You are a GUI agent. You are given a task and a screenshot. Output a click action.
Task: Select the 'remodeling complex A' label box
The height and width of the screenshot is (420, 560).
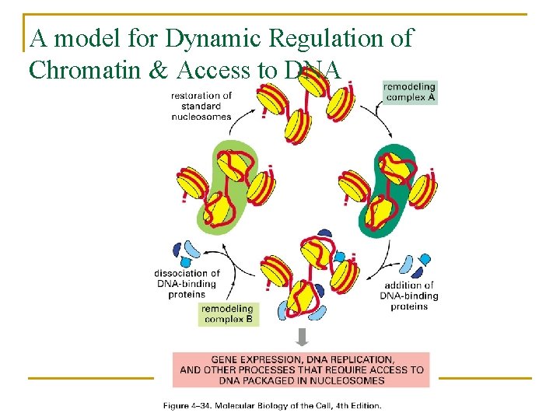click(409, 93)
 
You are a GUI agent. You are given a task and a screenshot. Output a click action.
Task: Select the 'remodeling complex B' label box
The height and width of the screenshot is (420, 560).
click(227, 314)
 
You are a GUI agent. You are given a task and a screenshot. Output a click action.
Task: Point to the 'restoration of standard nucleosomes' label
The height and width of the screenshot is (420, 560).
click(201, 107)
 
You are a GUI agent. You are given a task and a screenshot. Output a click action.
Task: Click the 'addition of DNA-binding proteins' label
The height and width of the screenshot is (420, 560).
click(409, 296)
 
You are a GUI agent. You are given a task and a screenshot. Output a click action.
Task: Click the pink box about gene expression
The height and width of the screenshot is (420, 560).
click(301, 369)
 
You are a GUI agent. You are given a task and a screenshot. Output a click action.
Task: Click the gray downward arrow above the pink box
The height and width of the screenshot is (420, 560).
click(303, 337)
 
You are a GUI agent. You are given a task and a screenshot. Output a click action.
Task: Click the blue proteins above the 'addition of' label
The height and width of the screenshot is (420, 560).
click(412, 264)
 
